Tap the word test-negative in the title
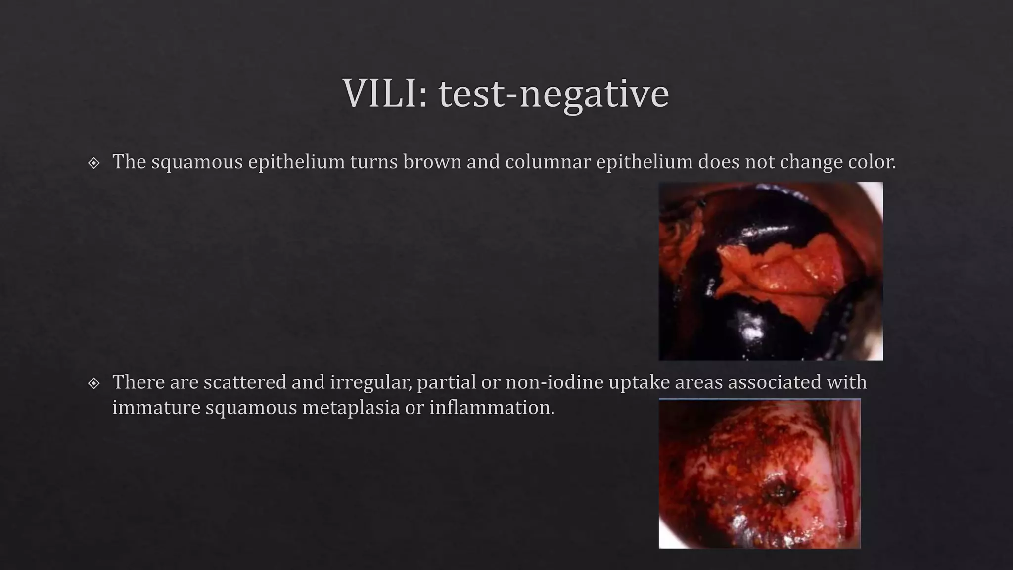pos(553,94)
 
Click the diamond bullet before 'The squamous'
pos(93,163)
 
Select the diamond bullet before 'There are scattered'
pos(93,383)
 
